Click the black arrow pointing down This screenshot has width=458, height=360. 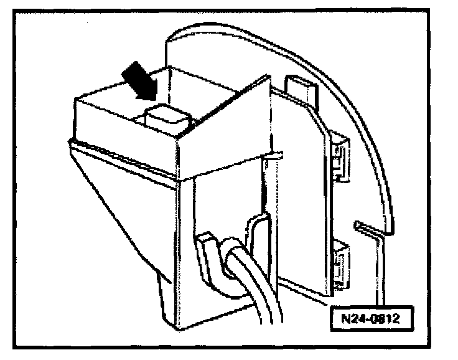point(138,79)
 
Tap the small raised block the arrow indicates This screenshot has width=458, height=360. point(163,118)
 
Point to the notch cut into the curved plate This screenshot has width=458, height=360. point(367,225)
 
